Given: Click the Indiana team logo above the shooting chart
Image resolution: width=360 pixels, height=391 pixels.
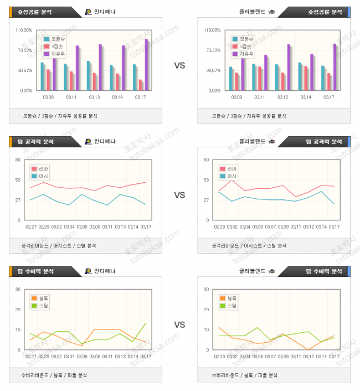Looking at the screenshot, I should [x=89, y=12].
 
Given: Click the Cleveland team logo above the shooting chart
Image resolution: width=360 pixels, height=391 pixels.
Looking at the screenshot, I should [x=271, y=12].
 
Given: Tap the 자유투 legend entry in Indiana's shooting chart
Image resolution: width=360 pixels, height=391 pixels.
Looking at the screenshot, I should [x=56, y=54].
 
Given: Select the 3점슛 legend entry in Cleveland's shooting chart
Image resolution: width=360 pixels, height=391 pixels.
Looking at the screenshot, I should [x=245, y=47].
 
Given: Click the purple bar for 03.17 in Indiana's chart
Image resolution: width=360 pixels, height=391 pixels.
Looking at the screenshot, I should [x=146, y=64].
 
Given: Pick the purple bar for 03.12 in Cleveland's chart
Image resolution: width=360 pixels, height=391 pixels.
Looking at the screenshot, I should [x=289, y=67].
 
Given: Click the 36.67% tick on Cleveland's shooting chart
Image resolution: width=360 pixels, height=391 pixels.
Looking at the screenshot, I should [x=213, y=70].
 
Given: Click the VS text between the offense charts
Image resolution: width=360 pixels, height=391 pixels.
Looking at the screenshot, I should [x=179, y=195].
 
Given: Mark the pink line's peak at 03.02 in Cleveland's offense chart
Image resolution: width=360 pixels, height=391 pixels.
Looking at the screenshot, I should [x=232, y=180].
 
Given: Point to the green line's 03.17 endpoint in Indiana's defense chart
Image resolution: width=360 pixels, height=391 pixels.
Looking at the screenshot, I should [x=146, y=323].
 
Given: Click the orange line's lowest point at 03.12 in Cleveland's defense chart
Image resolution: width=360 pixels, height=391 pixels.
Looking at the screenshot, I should [x=308, y=349].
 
